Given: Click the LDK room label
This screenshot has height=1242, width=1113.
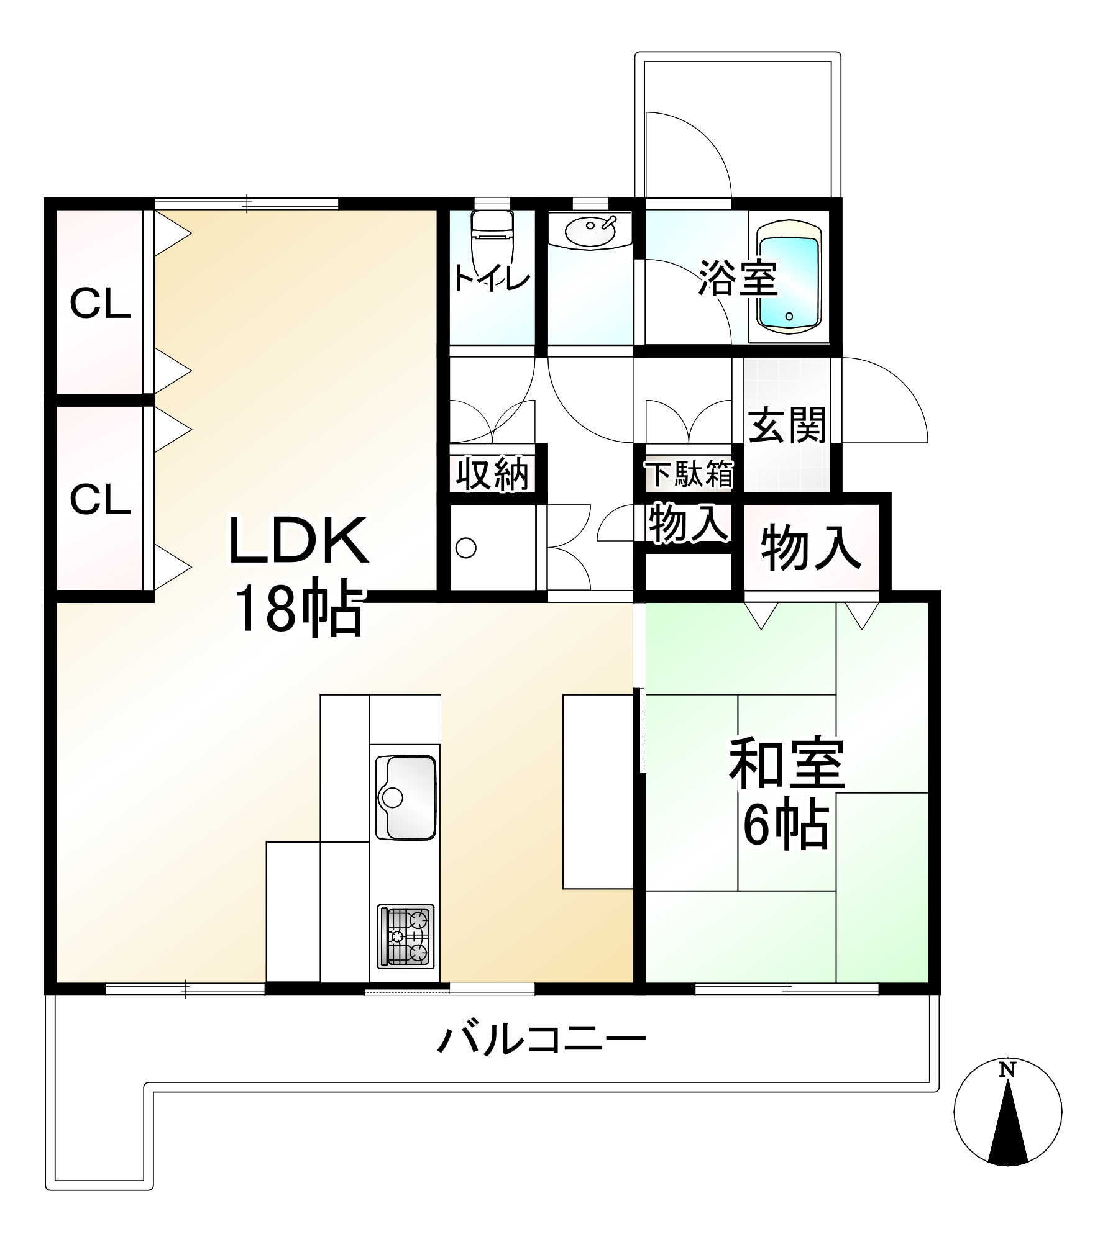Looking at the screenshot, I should (x=299, y=541).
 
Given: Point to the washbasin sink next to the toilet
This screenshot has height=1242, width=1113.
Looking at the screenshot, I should (x=590, y=230).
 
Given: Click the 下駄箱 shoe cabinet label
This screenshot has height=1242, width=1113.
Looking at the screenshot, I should (x=689, y=474).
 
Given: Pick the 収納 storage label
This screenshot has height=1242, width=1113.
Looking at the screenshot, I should (x=492, y=475).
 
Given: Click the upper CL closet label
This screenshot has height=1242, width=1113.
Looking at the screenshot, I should (x=100, y=304).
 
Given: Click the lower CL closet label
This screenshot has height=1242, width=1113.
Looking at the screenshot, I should (x=100, y=499).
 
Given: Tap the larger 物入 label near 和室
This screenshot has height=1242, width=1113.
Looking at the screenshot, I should (x=812, y=548).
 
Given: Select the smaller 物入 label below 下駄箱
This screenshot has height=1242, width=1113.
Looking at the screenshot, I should (x=688, y=524).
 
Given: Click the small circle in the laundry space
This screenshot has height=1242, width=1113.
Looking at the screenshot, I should (x=466, y=548).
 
